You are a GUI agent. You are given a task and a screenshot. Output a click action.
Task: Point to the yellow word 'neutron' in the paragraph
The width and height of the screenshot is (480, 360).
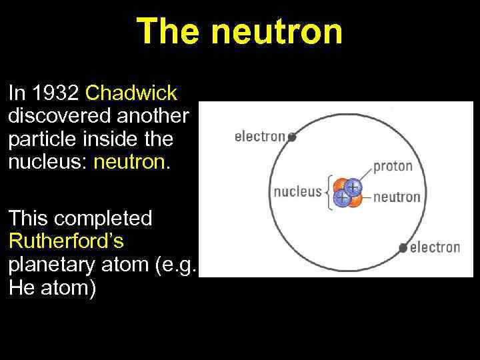[131, 162]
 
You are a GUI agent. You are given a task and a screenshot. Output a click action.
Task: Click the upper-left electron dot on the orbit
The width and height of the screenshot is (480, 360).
[292, 137]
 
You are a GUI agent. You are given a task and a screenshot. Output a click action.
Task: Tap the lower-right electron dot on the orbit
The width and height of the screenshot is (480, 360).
[403, 248]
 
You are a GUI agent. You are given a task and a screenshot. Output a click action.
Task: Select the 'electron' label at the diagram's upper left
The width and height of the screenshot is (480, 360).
[260, 137]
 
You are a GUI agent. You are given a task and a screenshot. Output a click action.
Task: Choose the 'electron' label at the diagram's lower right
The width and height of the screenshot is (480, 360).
[435, 247]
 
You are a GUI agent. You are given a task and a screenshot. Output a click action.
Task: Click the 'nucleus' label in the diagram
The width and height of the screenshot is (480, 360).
[297, 192]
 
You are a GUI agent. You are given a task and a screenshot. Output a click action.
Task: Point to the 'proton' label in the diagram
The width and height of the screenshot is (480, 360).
[393, 166]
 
